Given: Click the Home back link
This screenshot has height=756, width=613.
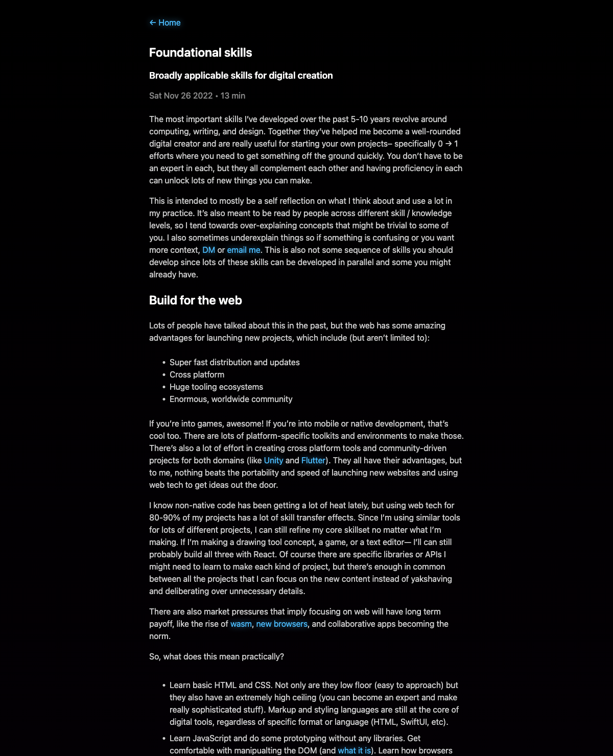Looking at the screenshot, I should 165,22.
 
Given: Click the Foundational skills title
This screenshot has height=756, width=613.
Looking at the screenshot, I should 200,53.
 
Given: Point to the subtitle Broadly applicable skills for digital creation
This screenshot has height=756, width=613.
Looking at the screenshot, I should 241,76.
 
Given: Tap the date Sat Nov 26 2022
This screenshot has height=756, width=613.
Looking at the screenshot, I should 180,96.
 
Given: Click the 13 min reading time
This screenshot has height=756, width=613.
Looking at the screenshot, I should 233,96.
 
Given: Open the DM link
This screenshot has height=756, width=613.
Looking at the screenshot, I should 208,250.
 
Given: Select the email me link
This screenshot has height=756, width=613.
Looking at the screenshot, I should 244,250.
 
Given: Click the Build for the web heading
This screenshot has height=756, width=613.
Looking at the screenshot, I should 195,300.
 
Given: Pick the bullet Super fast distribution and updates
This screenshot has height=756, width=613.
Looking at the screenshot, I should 234,362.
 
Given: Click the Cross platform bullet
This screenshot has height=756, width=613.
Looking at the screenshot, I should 197,374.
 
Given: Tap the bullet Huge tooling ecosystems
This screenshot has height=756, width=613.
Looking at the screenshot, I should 216,387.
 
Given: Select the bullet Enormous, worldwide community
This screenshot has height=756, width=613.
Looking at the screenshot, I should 231,399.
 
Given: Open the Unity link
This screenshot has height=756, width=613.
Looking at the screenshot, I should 273,460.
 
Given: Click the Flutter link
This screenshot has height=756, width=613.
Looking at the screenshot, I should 313,460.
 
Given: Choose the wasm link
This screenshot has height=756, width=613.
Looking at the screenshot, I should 241,624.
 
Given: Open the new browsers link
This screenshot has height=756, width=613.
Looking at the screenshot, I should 281,624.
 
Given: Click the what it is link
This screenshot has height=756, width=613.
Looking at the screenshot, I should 354,750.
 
